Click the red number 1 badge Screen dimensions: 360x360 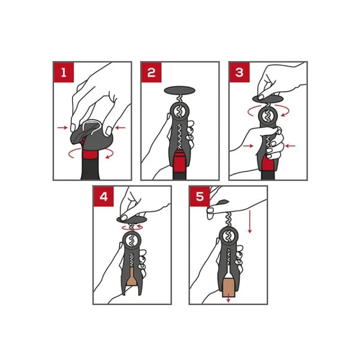click(63, 72)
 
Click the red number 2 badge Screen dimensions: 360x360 click(151, 72)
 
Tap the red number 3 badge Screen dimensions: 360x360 click(239, 72)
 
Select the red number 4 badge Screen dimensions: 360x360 click(103, 197)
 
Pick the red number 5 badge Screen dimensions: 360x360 click(199, 197)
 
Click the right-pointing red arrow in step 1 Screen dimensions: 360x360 click(62, 127)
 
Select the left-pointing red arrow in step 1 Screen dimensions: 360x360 click(120, 128)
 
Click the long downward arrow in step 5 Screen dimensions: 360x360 click(250, 221)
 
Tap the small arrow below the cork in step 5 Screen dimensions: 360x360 click(228, 299)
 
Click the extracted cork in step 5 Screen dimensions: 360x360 click(229, 288)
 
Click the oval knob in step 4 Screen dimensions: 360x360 click(132, 220)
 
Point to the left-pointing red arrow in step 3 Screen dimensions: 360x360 click(290, 145)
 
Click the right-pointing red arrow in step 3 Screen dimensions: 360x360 click(248, 145)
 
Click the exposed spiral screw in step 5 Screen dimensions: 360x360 click(229, 219)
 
